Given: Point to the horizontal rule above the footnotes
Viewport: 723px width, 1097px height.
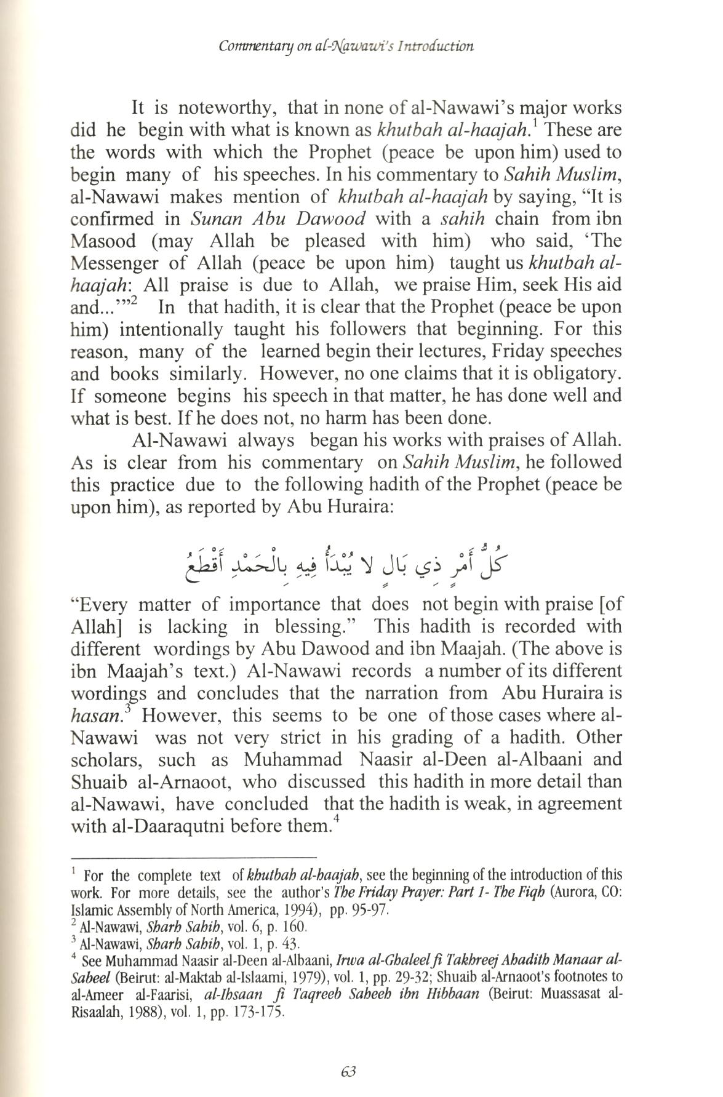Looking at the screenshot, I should pyautogui.click(x=194, y=856).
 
